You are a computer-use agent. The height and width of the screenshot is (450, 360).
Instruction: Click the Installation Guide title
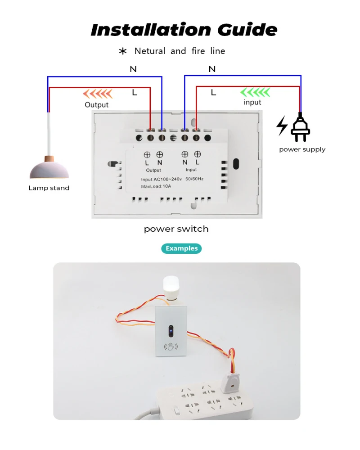pyautogui.click(x=184, y=30)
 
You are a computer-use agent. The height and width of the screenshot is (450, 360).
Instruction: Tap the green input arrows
pyautogui.click(x=255, y=93)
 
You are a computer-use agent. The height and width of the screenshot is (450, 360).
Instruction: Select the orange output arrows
pyautogui.click(x=97, y=94)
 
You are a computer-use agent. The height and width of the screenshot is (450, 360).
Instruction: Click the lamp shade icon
pyautogui.click(x=49, y=168)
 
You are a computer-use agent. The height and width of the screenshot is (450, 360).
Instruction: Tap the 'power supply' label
pyautogui.click(x=302, y=149)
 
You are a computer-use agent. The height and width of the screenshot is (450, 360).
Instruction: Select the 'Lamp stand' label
pyautogui.click(x=49, y=188)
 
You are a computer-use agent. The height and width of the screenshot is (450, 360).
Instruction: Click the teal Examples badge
pyautogui.click(x=181, y=248)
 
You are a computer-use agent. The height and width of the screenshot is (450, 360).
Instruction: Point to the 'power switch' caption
pyautogui.click(x=176, y=229)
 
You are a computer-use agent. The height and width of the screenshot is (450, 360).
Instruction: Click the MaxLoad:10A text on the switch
pyautogui.click(x=156, y=186)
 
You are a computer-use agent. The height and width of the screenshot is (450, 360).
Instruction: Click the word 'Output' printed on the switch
pyautogui.click(x=153, y=171)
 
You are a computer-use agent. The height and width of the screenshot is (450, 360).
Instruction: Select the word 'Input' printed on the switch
pyautogui.click(x=191, y=170)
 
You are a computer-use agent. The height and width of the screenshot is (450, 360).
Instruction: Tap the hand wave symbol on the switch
pyautogui.click(x=171, y=347)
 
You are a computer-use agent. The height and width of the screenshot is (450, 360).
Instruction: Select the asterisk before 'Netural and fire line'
pyautogui.click(x=123, y=51)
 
